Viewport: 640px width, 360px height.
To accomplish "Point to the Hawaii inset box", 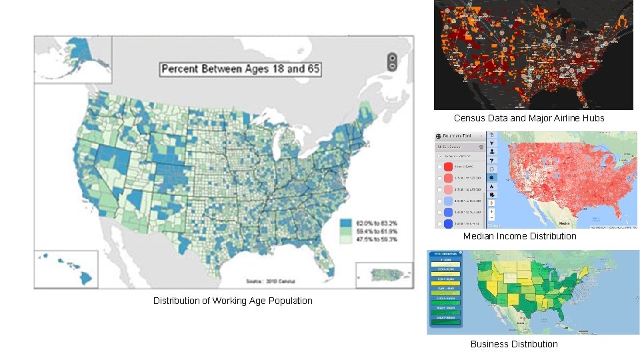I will click(67, 268).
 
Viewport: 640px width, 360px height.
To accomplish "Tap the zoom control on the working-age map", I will click(392, 61).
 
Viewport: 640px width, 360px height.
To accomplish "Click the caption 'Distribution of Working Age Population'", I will click(233, 301).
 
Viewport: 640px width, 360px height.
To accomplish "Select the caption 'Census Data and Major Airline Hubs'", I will click(529, 118).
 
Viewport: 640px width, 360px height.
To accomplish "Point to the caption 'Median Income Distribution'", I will click(520, 236).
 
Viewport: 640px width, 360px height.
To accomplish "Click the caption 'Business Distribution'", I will click(514, 344).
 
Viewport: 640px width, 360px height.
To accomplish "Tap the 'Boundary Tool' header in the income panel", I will click(459, 135).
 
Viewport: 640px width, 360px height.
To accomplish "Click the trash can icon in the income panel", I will click(480, 147).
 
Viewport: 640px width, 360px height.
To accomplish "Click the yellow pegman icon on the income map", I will click(492, 201).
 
